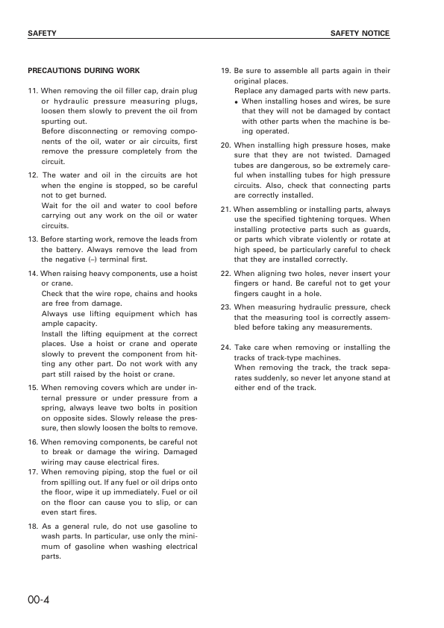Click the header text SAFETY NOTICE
360,34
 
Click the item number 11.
32,91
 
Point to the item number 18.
32,526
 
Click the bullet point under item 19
237,101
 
